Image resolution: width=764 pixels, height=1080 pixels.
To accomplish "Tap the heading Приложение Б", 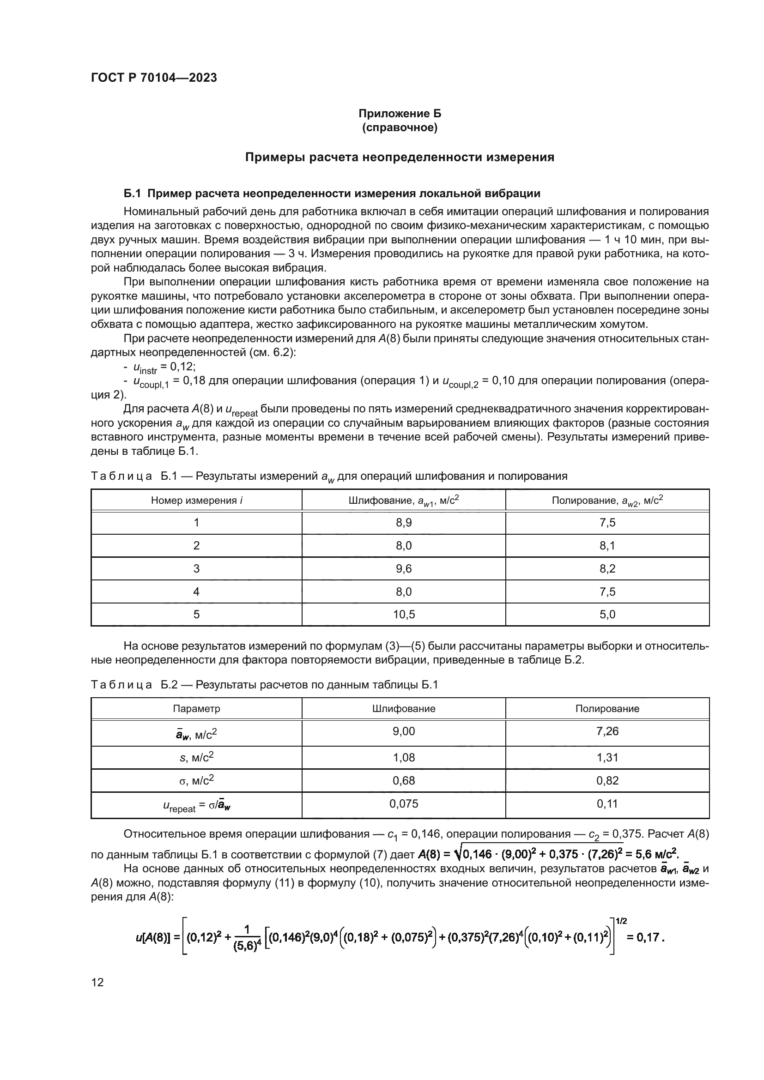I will tap(400, 114).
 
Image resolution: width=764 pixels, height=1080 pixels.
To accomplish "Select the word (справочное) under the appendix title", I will tap(400, 127).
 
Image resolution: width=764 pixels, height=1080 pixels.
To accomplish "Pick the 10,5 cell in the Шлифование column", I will tap(404, 614).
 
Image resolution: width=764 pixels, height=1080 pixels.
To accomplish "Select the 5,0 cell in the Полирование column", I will tap(607, 614).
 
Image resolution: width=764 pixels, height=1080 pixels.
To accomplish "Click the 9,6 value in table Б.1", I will tap(404, 569).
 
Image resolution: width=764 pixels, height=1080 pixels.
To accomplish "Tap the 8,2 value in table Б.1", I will tap(607, 569).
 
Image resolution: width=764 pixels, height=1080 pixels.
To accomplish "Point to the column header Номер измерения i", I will tap(197, 501).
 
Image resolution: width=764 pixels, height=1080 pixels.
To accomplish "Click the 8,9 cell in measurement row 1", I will tap(404, 523).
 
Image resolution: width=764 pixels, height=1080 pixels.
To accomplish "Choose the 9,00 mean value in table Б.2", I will tap(404, 731).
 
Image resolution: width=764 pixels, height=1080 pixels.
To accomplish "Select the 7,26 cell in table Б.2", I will tap(607, 731).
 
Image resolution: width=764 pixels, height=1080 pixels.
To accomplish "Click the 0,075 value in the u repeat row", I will tap(404, 804).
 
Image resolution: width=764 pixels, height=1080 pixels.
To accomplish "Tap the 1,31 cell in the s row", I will tap(607, 757).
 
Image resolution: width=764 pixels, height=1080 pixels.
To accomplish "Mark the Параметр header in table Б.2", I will tap(197, 708).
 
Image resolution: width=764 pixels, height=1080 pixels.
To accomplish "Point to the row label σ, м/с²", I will tap(197, 781).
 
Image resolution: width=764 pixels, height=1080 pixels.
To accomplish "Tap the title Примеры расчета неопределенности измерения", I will tap(400, 157).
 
